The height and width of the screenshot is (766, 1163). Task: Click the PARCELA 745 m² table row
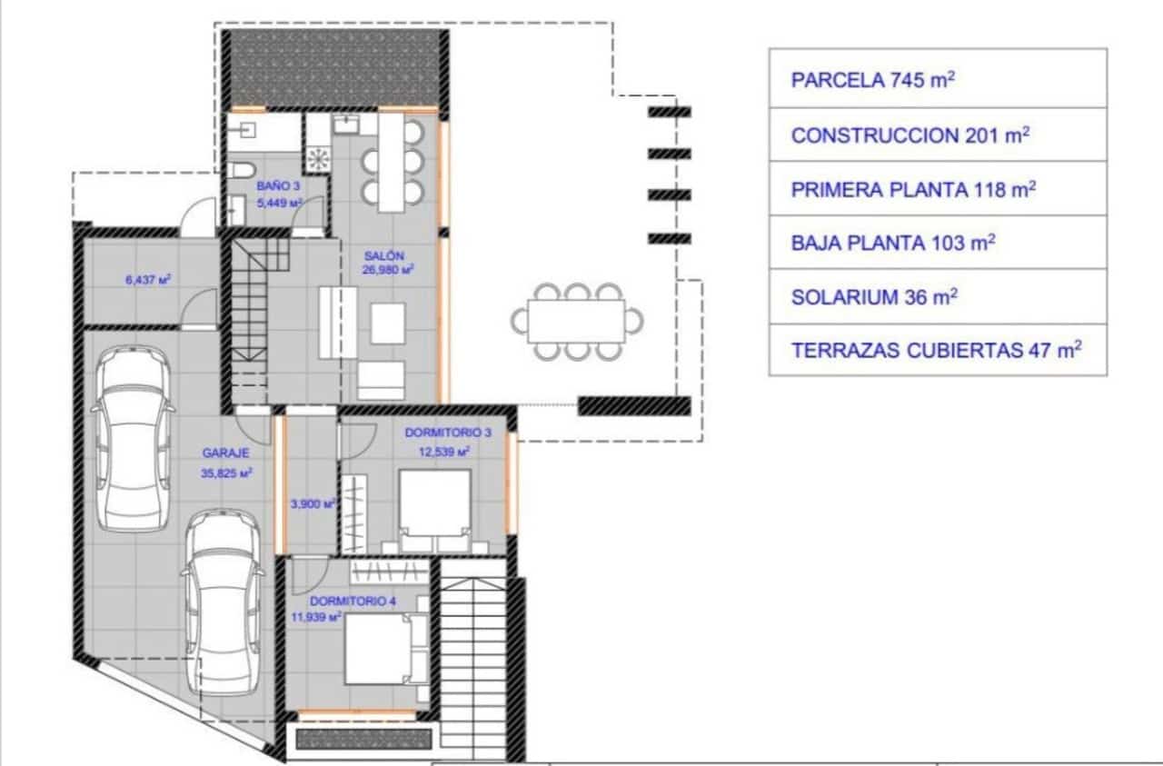pyautogui.click(x=938, y=80)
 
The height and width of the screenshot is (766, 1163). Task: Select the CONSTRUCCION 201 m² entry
pyautogui.click(x=938, y=135)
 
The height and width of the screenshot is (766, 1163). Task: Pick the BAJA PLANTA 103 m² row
pyautogui.click(x=938, y=243)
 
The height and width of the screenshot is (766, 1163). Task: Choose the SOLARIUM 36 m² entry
pyautogui.click(x=938, y=296)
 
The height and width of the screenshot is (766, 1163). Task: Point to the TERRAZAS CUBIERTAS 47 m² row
pyautogui.click(x=938, y=350)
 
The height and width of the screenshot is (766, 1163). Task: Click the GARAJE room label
pyautogui.click(x=225, y=452)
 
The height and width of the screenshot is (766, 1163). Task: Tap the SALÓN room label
pyautogui.click(x=384, y=255)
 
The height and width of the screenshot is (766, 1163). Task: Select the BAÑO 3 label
pyautogui.click(x=277, y=184)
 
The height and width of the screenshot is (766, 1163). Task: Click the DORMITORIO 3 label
pyautogui.click(x=448, y=433)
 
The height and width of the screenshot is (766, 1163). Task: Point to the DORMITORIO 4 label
pyautogui.click(x=354, y=602)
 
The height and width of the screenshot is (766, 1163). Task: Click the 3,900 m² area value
pyautogui.click(x=312, y=502)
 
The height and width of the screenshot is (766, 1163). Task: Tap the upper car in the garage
pyautogui.click(x=133, y=438)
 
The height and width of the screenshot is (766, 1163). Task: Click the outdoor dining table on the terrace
pyautogui.click(x=577, y=321)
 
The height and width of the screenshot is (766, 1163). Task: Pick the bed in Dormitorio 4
pyautogui.click(x=386, y=649)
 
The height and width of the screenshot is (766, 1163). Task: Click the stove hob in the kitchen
pyautogui.click(x=319, y=159)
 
